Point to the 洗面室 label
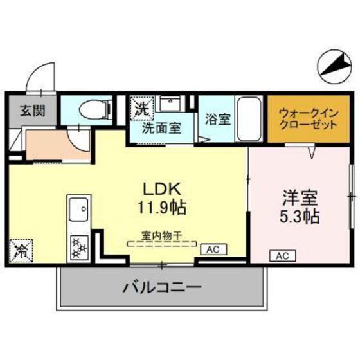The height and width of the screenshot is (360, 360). click(161, 127)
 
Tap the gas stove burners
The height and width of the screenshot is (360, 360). click(80, 246)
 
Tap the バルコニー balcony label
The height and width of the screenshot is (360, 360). click(162, 287)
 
